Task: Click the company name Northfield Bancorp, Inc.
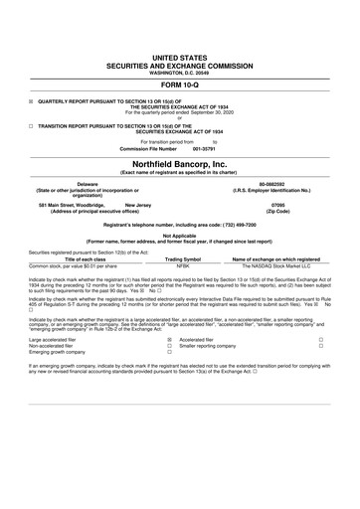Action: pyautogui.click(x=180, y=163)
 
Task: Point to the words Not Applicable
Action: pyautogui.click(x=180, y=237)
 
